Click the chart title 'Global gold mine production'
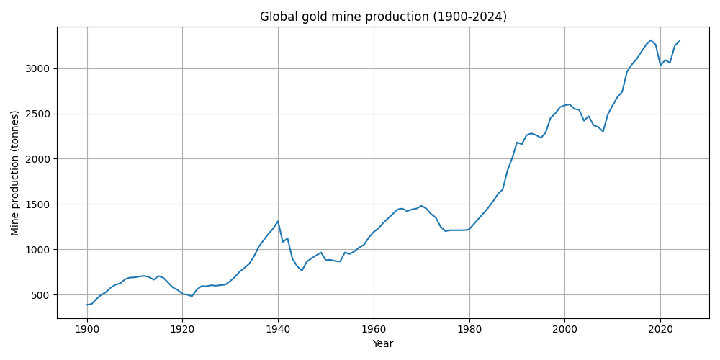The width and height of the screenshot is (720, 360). pyautogui.click(x=383, y=17)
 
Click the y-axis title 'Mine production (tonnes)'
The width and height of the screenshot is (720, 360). pyautogui.click(x=15, y=173)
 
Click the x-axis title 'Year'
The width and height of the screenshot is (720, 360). pyautogui.click(x=383, y=344)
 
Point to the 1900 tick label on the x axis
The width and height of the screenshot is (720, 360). pyautogui.click(x=87, y=330)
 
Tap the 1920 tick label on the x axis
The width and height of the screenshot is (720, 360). pyautogui.click(x=182, y=330)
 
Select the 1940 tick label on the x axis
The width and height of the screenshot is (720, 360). pyautogui.click(x=278, y=330)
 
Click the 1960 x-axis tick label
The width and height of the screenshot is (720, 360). pyautogui.click(x=374, y=330)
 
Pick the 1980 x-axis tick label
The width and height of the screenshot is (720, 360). pyautogui.click(x=469, y=330)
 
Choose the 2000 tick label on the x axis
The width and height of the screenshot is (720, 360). pyautogui.click(x=564, y=330)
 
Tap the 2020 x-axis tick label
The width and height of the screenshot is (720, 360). pyautogui.click(x=660, y=330)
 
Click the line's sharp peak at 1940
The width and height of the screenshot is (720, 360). pyautogui.click(x=278, y=221)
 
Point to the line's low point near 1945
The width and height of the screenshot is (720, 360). pyautogui.click(x=302, y=271)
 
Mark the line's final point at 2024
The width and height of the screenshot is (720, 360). pyautogui.click(x=679, y=41)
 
